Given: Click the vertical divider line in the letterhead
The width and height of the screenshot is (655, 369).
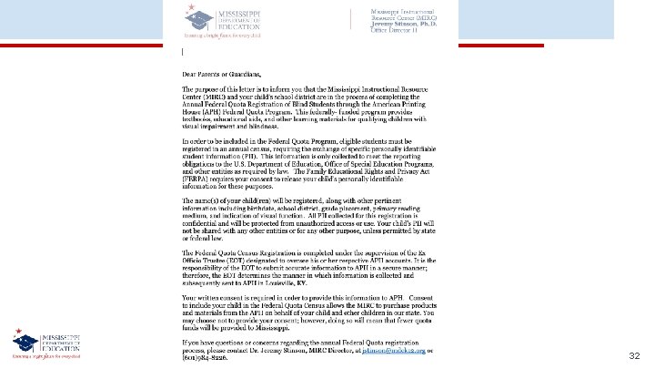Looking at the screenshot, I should (351, 20).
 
